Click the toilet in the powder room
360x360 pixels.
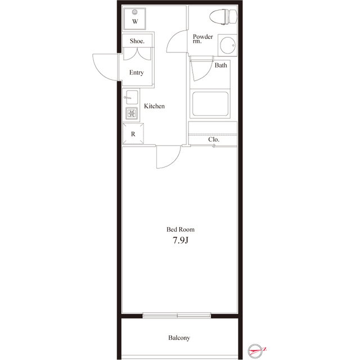(223, 16)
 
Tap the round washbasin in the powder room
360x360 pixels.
(227, 45)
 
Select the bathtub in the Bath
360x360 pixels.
(210, 103)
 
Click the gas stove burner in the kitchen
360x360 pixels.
(132, 114)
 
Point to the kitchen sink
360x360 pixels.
(132, 97)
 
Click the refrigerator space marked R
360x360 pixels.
(133, 134)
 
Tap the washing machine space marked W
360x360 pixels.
(135, 19)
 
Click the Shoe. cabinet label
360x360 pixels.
(137, 41)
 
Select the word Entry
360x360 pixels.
(136, 73)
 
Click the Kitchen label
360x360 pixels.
(154, 106)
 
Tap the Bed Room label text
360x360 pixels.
(181, 229)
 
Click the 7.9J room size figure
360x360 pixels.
(181, 240)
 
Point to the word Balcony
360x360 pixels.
(179, 337)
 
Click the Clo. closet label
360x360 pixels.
(214, 139)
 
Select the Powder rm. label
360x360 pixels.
(202, 39)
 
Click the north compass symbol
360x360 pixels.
(255, 350)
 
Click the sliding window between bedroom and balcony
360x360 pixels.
(177, 315)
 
